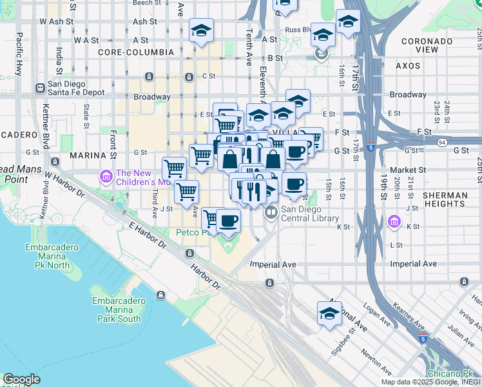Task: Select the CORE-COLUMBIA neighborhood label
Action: click(136, 52)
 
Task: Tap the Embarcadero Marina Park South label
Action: click(116, 310)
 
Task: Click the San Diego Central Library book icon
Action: click(271, 212)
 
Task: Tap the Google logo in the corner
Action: click(21, 379)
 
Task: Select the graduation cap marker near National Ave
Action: click(329, 314)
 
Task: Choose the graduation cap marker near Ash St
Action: click(201, 30)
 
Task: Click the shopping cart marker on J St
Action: click(186, 192)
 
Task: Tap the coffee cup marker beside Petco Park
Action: click(228, 221)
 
